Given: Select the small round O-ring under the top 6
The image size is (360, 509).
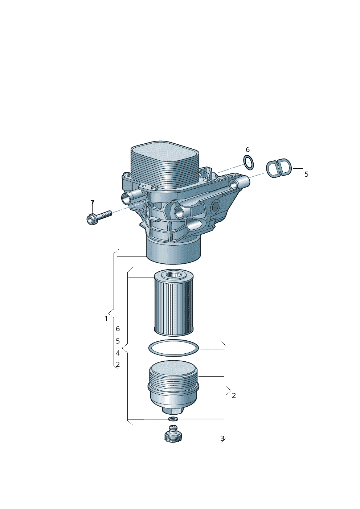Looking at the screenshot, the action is pos(249,162).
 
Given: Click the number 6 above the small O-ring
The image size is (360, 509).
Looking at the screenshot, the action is pos(247,149).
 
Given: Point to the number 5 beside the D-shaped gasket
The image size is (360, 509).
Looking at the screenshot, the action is pos(306,174).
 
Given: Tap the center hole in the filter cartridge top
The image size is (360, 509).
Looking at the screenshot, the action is pos(174,275).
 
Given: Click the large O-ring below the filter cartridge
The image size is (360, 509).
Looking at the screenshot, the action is pos(173,348).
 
